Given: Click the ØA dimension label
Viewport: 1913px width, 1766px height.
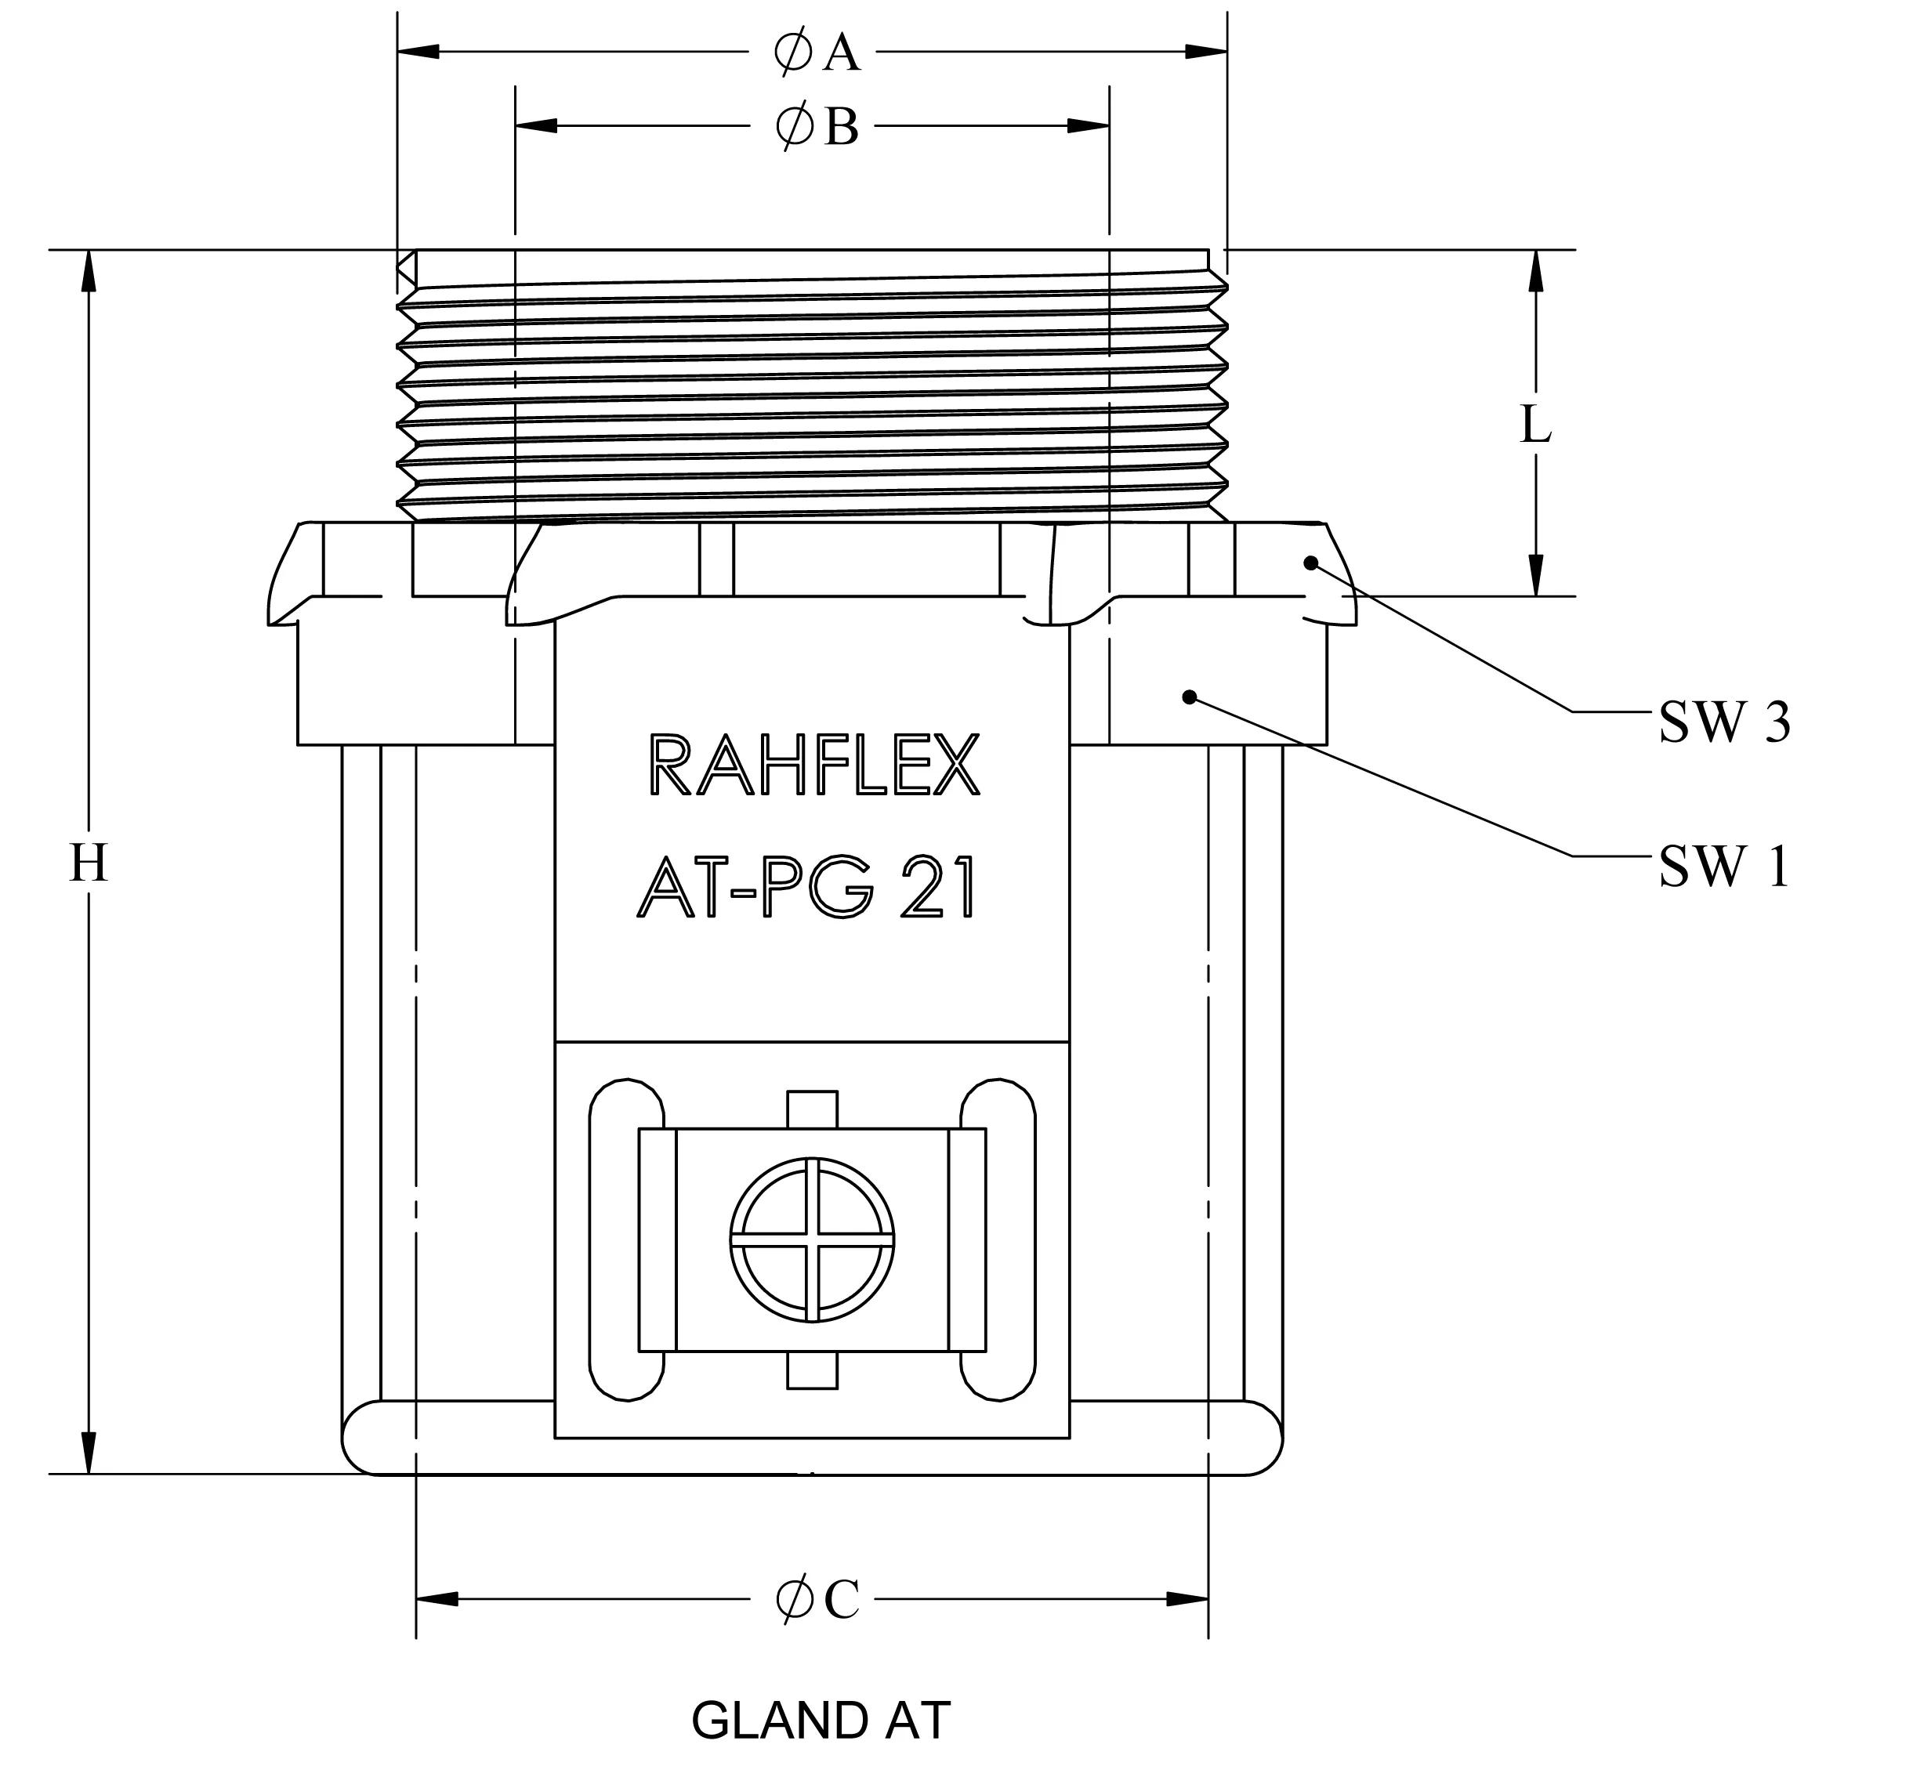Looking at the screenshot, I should (817, 52).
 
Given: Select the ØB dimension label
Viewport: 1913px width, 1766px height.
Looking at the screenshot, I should (817, 126).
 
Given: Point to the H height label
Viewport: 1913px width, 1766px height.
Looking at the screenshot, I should (89, 865).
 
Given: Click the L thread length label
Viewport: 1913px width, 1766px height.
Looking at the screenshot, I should (1535, 425).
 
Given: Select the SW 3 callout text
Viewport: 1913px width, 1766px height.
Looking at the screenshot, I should (1723, 722).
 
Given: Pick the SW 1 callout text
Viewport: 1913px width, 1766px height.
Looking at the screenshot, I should (1723, 867).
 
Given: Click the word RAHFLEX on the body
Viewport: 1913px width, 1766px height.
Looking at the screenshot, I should (813, 765).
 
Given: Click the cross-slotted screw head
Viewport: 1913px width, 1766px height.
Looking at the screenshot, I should (813, 1240).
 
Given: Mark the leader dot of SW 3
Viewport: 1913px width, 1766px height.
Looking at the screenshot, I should (1312, 562).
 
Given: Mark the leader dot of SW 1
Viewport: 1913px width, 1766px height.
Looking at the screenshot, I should (1190, 697).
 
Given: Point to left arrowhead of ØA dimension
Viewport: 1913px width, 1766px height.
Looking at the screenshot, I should (418, 52).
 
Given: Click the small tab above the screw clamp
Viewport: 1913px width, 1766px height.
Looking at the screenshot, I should (812, 1109).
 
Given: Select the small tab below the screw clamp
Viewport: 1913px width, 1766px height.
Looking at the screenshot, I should (812, 1370).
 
